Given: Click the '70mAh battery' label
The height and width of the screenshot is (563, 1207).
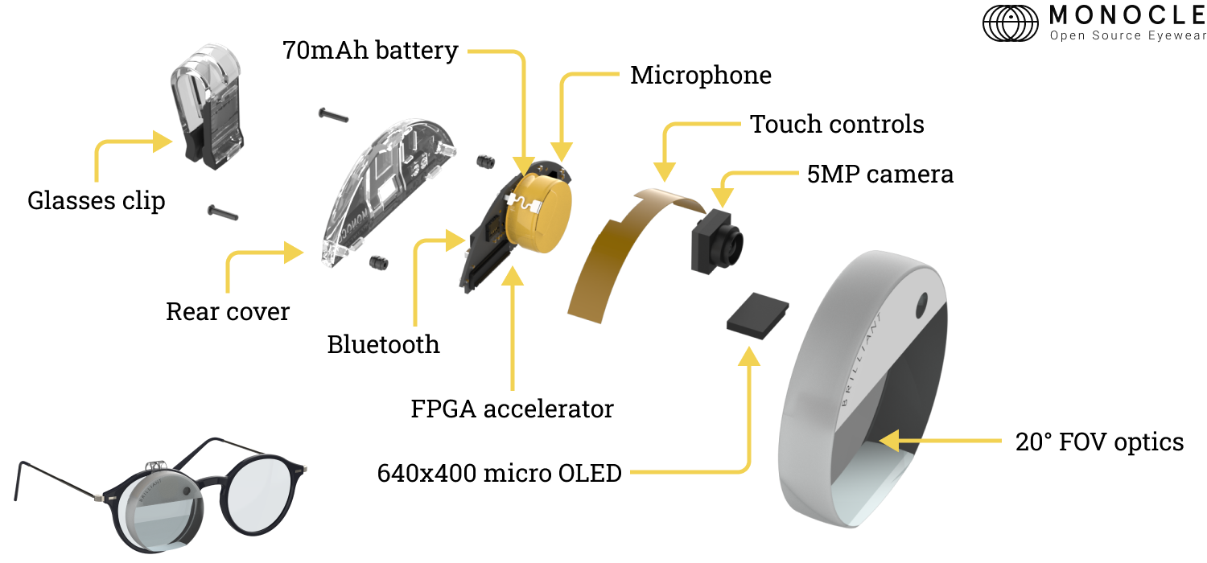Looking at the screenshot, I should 370,51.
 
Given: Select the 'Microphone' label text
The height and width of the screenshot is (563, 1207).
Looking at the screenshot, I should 700,76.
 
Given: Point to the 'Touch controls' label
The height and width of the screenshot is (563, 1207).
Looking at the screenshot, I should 837,125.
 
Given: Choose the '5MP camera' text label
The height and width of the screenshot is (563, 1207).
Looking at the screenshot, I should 880,175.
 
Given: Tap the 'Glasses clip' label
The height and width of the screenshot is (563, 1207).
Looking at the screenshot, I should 96,200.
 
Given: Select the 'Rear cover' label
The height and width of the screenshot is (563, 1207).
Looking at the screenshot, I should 227,311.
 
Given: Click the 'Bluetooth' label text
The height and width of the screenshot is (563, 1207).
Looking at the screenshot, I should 383,344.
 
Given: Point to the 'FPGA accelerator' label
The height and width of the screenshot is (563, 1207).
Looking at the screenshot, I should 512,409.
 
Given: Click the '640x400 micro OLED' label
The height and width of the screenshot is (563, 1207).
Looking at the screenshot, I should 499,473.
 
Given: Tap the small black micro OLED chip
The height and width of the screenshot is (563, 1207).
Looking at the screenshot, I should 757,314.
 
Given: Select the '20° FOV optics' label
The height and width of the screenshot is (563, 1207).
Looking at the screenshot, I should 1099,442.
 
